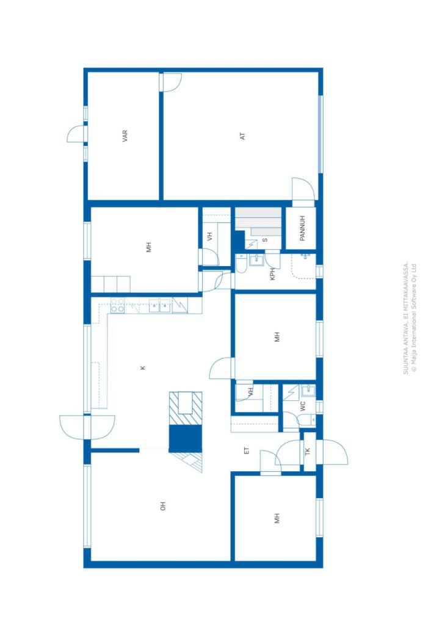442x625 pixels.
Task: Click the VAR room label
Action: pyautogui.click(x=125, y=136)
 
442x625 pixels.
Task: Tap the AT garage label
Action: pyautogui.click(x=242, y=136)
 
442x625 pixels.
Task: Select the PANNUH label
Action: pyautogui.click(x=302, y=228)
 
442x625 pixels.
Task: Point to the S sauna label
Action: pyautogui.click(x=265, y=240)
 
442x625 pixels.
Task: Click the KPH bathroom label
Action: pyautogui.click(x=273, y=274)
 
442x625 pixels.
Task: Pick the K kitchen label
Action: pyautogui.click(x=143, y=368)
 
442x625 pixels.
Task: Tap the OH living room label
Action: pyautogui.click(x=162, y=506)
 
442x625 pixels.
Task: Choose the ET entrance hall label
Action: pyautogui.click(x=246, y=451)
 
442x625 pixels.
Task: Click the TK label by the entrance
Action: pyautogui.click(x=307, y=452)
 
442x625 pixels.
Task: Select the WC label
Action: pyautogui.click(x=303, y=406)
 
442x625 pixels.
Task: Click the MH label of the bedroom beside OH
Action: pyautogui.click(x=277, y=518)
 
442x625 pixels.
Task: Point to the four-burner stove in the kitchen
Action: pyautogui.click(x=117, y=305)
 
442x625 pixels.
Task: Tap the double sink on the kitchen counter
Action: pyautogui.click(x=160, y=306)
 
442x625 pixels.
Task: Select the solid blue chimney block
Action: pyautogui.click(x=186, y=438)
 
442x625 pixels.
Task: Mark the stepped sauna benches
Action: pyautogui.click(x=258, y=222)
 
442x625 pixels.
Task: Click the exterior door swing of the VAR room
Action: pyautogui.click(x=76, y=134)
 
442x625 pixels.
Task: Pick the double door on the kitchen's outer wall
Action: pyautogui.click(x=87, y=427)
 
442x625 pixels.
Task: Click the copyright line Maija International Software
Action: pyautogui.click(x=414, y=317)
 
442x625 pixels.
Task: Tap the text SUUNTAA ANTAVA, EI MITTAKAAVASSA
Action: pyautogui.click(x=406, y=317)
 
